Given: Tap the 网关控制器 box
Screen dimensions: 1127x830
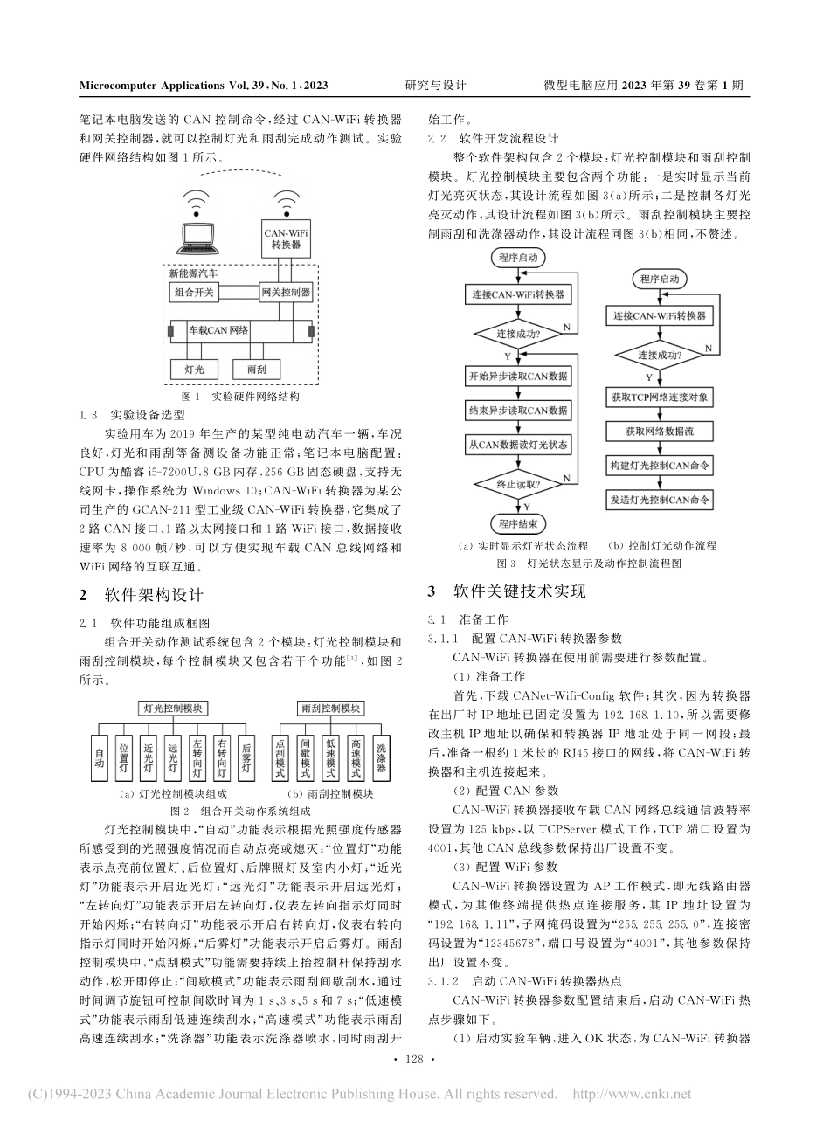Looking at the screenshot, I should click(x=286, y=292).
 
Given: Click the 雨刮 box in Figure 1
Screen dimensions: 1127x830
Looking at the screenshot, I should click(x=257, y=370).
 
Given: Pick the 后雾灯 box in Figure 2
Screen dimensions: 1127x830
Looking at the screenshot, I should click(x=246, y=754).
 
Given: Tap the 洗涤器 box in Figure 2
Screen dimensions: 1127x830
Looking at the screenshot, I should click(x=382, y=754).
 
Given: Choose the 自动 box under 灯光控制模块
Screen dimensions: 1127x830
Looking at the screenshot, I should click(x=99, y=754).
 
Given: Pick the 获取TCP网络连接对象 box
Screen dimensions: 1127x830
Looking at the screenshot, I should click(x=661, y=398).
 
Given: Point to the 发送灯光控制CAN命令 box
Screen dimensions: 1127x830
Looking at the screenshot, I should click(x=661, y=501).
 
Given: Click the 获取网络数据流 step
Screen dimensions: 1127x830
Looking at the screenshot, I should click(x=661, y=432).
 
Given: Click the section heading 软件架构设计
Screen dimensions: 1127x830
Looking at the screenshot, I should click(x=153, y=594).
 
